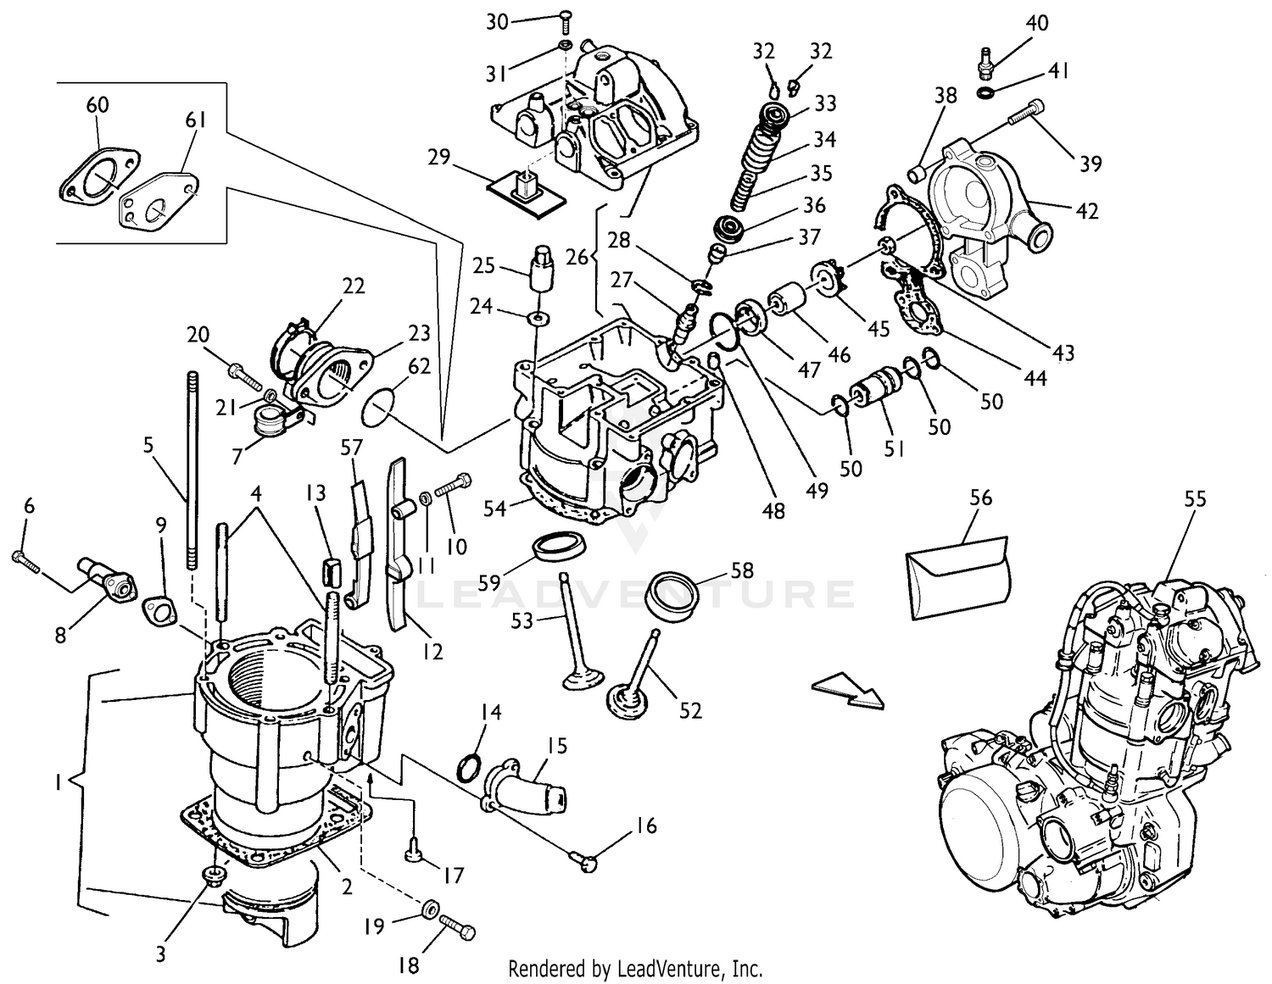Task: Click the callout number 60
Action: pos(98,105)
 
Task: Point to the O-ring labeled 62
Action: pos(377,409)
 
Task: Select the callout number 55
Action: pos(1194,499)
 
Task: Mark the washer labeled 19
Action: pos(430,911)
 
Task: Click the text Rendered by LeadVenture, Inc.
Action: pos(635,968)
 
